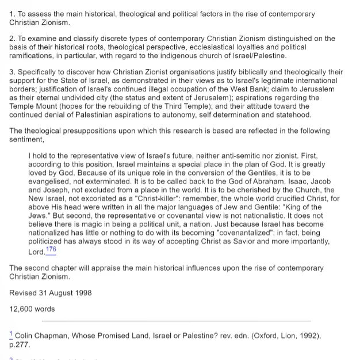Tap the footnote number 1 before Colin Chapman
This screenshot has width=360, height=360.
12,335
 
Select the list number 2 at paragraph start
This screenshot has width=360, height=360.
12,39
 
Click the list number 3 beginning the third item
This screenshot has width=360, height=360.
12,72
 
